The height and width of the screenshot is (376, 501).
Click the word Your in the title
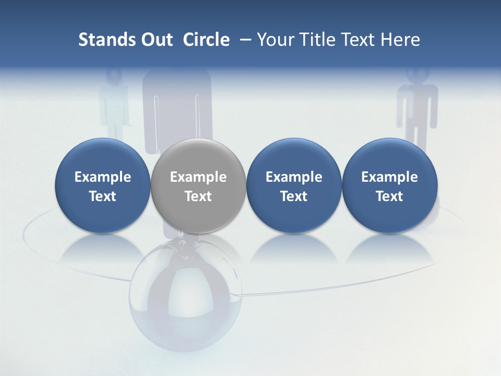pyautogui.click(x=276, y=40)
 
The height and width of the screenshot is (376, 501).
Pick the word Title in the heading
pyautogui.click(x=318, y=40)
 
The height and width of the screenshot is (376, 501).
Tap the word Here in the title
pyautogui.click(x=400, y=40)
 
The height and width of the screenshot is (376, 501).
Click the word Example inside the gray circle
pyautogui.click(x=198, y=177)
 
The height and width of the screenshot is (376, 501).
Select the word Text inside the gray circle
pyautogui.click(x=198, y=196)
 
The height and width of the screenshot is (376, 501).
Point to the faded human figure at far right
pyautogui.click(x=417, y=112)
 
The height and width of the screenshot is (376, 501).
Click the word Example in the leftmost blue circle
pyautogui.click(x=103, y=177)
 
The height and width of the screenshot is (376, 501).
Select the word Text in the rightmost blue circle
pyautogui.click(x=389, y=196)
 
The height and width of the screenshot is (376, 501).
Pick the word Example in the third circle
pyautogui.click(x=294, y=177)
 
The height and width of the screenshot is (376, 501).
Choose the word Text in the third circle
pyautogui.click(x=294, y=196)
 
